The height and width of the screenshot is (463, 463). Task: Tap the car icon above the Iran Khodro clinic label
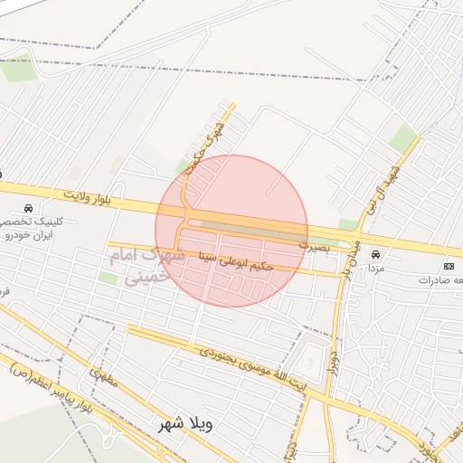30,208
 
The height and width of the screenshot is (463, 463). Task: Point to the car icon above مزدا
375,254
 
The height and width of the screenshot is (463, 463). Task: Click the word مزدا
375,269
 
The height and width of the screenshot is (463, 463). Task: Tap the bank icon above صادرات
449,266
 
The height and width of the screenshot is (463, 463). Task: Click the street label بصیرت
316,244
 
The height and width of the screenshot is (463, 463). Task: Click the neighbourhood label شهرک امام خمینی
145,267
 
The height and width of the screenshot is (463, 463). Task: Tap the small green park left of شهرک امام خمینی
109,278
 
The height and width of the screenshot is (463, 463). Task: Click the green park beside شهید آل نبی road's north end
404,137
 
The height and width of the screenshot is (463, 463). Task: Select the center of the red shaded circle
231,231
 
